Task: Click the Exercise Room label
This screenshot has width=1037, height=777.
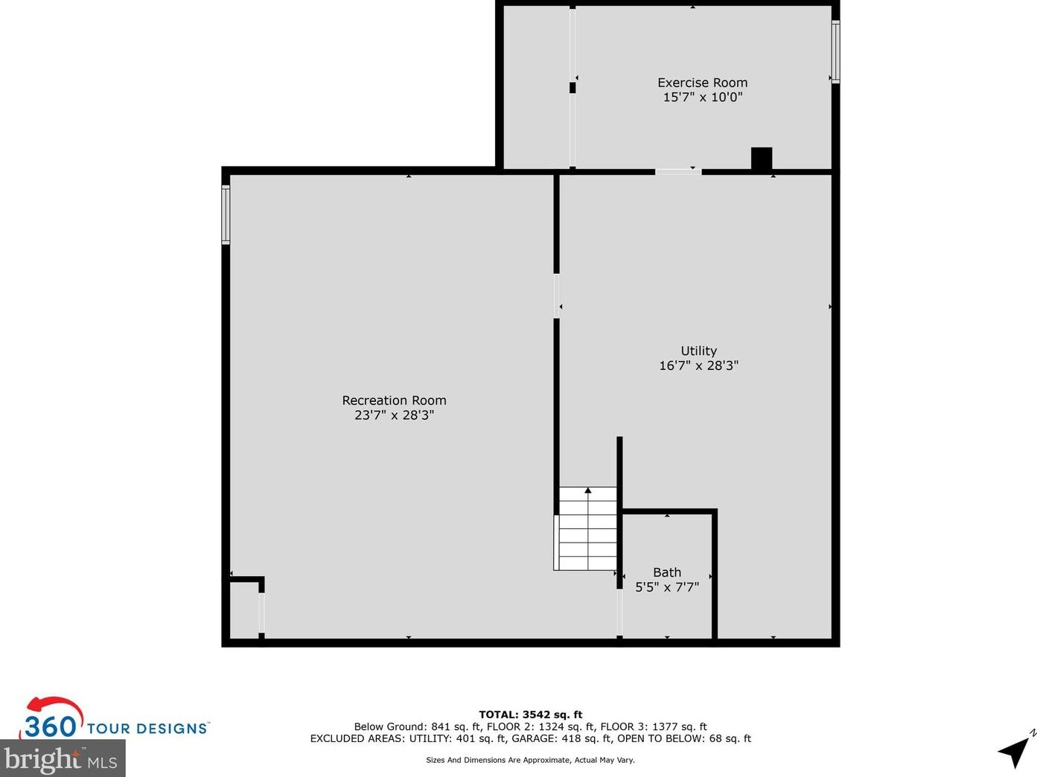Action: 702,83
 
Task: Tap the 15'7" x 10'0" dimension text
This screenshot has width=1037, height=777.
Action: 702,97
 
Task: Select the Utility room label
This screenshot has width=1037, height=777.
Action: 698,351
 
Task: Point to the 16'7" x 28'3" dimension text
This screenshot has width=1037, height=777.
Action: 698,365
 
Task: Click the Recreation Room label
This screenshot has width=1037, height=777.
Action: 394,400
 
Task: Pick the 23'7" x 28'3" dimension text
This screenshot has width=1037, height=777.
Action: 394,415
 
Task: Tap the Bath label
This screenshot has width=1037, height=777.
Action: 667,572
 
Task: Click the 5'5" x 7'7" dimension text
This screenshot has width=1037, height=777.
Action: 667,587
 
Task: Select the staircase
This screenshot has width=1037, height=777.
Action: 587,528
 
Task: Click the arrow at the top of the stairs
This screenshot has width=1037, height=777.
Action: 588,490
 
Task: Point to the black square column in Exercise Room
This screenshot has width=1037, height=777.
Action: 761,159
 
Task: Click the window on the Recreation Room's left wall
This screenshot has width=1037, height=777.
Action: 226,214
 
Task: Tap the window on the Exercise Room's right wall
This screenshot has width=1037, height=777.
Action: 835,51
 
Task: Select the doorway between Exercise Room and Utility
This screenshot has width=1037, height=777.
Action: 677,172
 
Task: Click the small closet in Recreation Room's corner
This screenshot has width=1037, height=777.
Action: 244,609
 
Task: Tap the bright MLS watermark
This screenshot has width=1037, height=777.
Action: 62,759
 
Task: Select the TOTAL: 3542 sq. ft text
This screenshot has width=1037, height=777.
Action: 530,714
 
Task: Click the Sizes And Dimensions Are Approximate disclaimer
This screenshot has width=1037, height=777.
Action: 530,760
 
